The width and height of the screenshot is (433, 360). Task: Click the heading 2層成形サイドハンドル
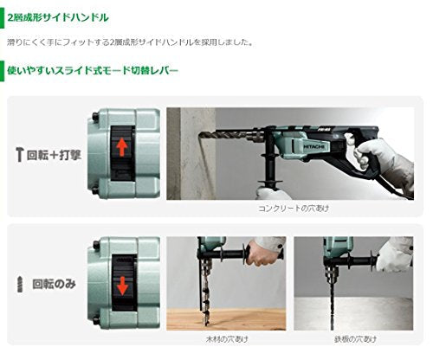pos(58,18)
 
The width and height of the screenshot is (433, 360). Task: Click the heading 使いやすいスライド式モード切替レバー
pos(93,71)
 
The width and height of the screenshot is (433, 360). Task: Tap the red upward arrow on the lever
pos(122,147)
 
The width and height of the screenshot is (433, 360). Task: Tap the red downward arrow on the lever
pos(122,286)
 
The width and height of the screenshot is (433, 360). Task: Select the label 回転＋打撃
pos(54,155)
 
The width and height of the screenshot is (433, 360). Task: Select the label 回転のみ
pos(54,284)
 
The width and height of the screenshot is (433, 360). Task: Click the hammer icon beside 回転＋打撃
pos(19,155)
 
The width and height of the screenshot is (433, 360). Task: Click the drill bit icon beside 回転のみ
pos(20,284)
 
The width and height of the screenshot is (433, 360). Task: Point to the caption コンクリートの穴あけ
pos(294,209)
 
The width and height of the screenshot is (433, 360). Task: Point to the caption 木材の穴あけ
pos(227,339)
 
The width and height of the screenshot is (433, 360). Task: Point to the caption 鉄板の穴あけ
pos(355,339)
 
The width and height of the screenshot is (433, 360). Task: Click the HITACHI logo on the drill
pos(314,147)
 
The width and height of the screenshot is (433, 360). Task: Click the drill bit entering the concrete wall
pos(223,135)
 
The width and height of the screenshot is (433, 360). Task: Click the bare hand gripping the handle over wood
pos(261,254)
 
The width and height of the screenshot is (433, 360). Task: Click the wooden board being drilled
pos(226,319)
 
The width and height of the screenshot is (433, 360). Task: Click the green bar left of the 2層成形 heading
pos(2,18)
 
